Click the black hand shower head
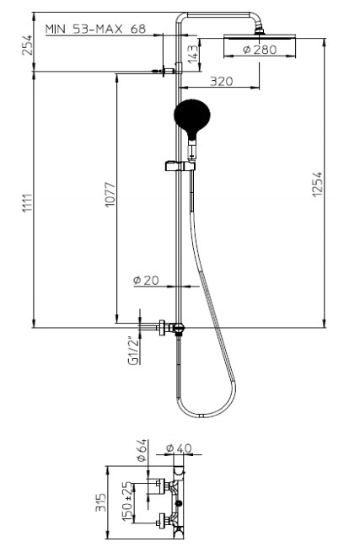(192, 117)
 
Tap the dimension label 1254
(318, 184)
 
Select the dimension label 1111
(28, 203)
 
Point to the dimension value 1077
(110, 194)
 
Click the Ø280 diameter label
(260, 50)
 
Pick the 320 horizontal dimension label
(221, 81)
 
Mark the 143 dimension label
(193, 54)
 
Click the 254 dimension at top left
(27, 45)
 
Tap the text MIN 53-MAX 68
(95, 29)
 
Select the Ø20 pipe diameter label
(146, 280)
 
